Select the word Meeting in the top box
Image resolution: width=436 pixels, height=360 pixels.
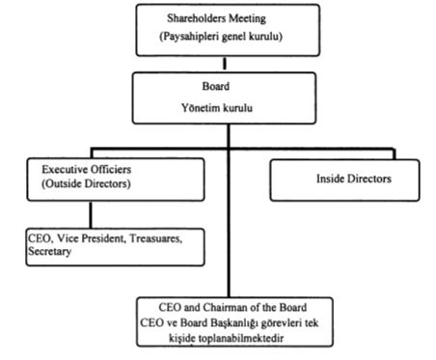[x=247, y=19]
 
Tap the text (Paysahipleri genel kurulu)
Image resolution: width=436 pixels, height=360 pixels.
[x=221, y=36]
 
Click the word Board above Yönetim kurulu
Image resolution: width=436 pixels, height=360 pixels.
[x=216, y=86]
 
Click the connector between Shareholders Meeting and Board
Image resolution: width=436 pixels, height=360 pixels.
[x=225, y=64]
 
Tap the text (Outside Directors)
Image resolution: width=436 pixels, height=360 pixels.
[x=86, y=183]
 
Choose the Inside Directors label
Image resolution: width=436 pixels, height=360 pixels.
[x=354, y=179]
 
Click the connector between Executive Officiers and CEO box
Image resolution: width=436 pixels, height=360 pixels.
[x=91, y=214]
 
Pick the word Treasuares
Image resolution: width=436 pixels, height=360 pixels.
[x=156, y=238]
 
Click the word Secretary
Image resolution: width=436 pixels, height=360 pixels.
[x=49, y=251]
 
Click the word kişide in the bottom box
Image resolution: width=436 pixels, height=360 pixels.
[x=182, y=339]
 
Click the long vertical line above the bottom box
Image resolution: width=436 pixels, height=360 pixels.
[x=229, y=210]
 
